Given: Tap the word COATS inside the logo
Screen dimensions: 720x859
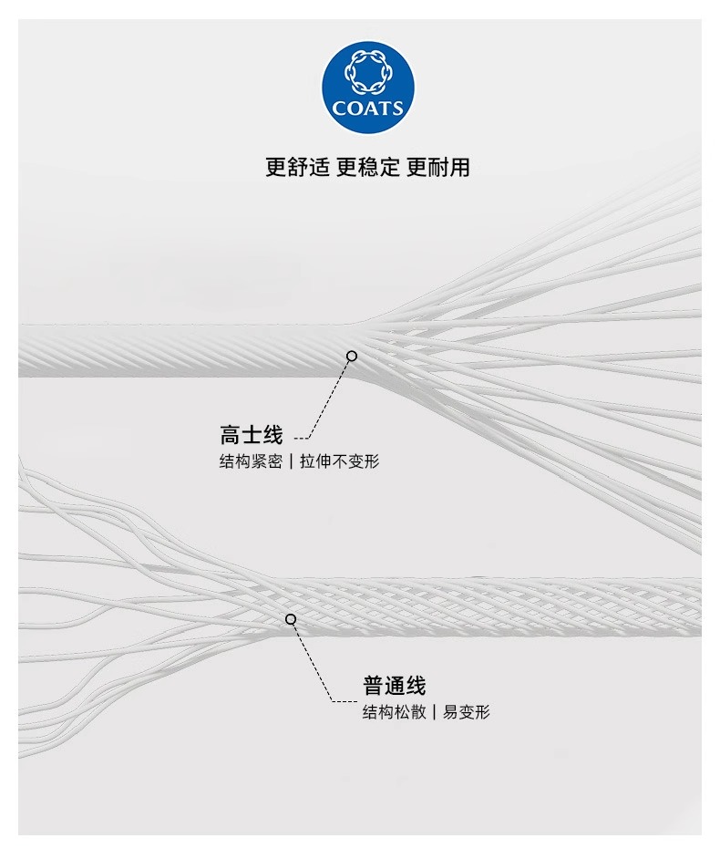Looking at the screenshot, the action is (x=368, y=109).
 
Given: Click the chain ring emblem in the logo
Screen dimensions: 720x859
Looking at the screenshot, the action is (x=368, y=75).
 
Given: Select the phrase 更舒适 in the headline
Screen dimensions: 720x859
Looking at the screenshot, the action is (x=296, y=168).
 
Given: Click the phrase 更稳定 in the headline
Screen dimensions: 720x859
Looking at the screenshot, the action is (x=367, y=168).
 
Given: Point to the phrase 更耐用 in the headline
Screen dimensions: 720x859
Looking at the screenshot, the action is (x=438, y=168).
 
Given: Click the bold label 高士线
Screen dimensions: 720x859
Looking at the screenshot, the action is (x=252, y=435).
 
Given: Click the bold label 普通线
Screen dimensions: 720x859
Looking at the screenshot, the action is (x=394, y=686).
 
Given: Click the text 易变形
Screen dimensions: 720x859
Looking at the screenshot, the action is (x=467, y=712).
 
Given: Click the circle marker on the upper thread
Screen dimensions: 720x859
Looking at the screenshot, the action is (x=352, y=356).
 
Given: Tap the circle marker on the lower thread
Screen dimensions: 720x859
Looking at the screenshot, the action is (x=291, y=619).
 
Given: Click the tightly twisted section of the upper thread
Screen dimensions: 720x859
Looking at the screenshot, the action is (x=182, y=351).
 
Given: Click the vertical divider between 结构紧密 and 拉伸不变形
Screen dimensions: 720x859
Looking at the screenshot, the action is (x=292, y=461).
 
